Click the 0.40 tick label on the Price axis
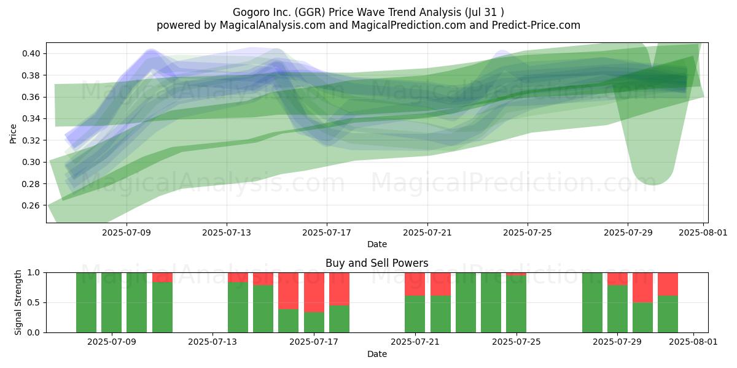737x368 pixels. (x=31, y=53)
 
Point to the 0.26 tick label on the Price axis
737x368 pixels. (x=31, y=205)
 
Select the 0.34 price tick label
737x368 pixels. (x=31, y=118)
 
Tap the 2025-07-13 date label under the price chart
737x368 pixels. (x=227, y=232)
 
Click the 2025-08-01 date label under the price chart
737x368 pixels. (x=703, y=232)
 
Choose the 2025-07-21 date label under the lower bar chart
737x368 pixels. (x=415, y=342)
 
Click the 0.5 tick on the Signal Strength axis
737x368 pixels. (x=34, y=302)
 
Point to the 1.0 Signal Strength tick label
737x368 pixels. (x=34, y=273)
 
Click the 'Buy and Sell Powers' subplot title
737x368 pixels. (x=376, y=263)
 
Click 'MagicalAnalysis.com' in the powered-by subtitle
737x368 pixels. (x=273, y=25)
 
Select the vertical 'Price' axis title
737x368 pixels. (x=13, y=134)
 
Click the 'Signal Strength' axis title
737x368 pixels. (x=18, y=302)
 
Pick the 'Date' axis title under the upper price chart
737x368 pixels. (x=376, y=244)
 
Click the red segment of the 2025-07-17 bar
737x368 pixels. (x=314, y=293)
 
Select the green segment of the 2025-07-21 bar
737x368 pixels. (x=415, y=314)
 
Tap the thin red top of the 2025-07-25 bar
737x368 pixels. (x=517, y=274)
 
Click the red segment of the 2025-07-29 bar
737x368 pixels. (x=617, y=279)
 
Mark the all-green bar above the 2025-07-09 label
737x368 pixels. (x=112, y=302)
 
